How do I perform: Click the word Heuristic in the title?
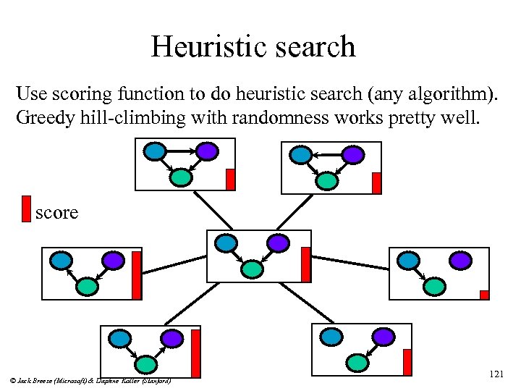pos(199,47)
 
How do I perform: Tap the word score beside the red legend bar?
pos(56,212)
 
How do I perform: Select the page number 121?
pos(496,374)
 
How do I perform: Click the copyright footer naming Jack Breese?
pos(91,379)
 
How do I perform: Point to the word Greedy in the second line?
pos(42,117)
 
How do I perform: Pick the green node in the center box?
pos(251,269)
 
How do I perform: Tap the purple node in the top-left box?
pos(207,151)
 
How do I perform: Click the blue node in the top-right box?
pos(300,154)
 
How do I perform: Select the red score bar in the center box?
pos(306,264)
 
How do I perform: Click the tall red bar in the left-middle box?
pos(136,275)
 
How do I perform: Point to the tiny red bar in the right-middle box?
pos(484,295)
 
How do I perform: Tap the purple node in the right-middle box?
pos(461,260)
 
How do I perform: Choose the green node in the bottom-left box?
pos(147,363)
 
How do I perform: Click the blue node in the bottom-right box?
pos(331,336)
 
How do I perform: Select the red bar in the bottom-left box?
pos(195,353)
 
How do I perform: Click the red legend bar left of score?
pos(26,208)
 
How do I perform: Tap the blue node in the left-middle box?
pos(61,260)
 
